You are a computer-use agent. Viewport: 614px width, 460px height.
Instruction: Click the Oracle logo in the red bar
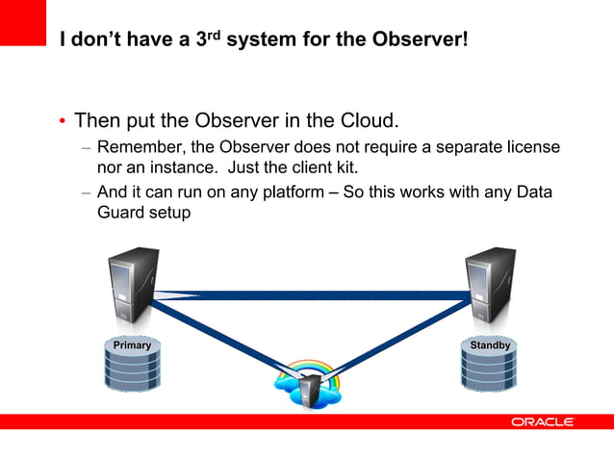coord(542,422)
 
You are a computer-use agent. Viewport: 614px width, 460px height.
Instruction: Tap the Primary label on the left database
coord(132,345)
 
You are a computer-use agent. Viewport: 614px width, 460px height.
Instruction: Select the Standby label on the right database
coord(490,345)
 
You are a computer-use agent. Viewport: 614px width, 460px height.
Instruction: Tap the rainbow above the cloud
coord(306,369)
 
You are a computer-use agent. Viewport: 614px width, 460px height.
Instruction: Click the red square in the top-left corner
coord(23,21)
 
